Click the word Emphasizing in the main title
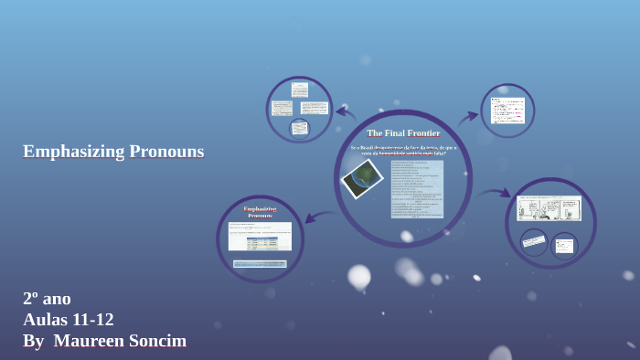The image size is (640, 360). pyautogui.click(x=72, y=152)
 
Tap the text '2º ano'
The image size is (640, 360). pyautogui.click(x=47, y=298)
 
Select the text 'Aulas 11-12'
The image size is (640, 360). pyautogui.click(x=69, y=320)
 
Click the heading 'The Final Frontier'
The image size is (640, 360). pyautogui.click(x=403, y=133)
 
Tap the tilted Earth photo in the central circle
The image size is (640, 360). pyautogui.click(x=362, y=178)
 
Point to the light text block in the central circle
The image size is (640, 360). pyautogui.click(x=417, y=189)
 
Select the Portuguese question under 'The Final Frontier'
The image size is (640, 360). pyautogui.click(x=403, y=150)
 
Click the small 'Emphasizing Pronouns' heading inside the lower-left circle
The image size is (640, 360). pyautogui.click(x=260, y=212)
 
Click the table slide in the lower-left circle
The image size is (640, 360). pyautogui.click(x=260, y=236)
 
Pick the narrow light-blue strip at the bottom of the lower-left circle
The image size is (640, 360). pyautogui.click(x=260, y=264)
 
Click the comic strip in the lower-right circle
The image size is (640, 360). pyautogui.click(x=549, y=208)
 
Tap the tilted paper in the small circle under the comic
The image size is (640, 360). pyautogui.click(x=534, y=241)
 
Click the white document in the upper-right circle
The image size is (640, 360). pyautogui.click(x=507, y=111)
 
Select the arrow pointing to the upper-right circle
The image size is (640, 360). pyautogui.click(x=468, y=117)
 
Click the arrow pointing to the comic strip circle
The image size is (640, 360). pyautogui.click(x=494, y=194)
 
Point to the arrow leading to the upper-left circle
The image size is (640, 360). pyautogui.click(x=345, y=113)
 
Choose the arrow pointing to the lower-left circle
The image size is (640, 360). pyautogui.click(x=320, y=217)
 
